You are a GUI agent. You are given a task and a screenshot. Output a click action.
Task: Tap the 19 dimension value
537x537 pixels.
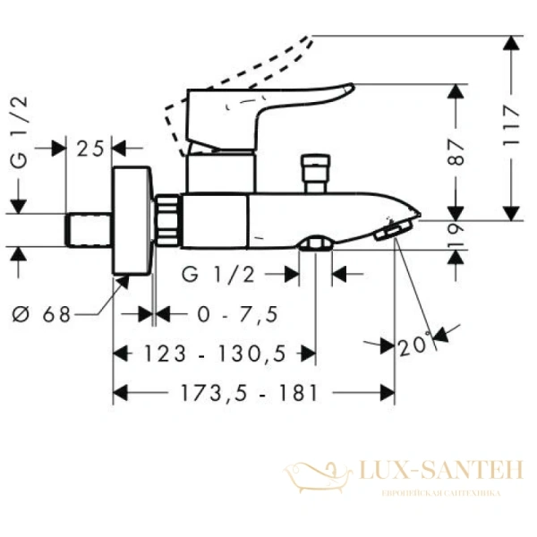tap(458, 234)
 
